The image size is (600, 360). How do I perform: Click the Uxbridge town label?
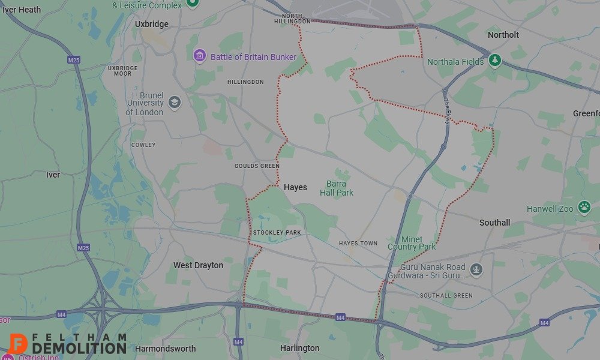[x=152, y=24]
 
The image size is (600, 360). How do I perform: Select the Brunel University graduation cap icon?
[x=175, y=101]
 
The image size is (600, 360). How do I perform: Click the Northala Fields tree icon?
[x=494, y=60]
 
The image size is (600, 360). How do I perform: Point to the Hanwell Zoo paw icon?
[x=584, y=208]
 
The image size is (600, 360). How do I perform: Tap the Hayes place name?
[x=295, y=187]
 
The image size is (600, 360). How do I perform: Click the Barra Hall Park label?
[x=337, y=188]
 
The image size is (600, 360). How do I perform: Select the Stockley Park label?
[x=277, y=232]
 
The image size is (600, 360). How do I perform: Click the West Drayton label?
[x=198, y=265]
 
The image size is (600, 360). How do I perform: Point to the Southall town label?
[x=494, y=223]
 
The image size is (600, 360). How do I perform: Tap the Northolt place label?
[x=503, y=35]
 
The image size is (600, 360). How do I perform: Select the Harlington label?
[x=300, y=348]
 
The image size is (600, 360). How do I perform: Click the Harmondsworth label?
[x=166, y=348]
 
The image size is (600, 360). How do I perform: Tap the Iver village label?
[x=53, y=175]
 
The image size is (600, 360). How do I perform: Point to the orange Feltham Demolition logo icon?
[x=19, y=344]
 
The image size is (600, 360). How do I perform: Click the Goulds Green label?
[x=257, y=166]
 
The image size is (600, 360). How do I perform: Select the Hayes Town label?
[x=358, y=243]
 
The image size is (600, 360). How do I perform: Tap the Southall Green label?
[x=446, y=296]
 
